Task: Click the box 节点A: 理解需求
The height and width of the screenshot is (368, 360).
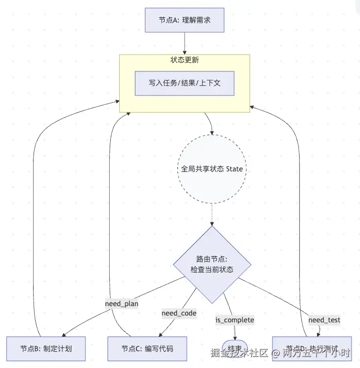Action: click(x=184, y=20)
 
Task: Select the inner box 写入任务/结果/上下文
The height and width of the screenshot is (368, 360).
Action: click(x=184, y=83)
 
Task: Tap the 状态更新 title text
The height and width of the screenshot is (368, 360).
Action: click(x=184, y=60)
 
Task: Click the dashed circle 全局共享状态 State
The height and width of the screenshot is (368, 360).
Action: click(x=212, y=169)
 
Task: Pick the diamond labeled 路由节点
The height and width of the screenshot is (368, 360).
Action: click(x=212, y=265)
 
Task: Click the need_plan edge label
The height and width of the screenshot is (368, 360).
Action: click(x=121, y=304)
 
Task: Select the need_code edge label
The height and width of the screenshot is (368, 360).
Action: click(x=179, y=313)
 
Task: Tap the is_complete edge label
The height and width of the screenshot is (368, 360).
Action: click(x=235, y=319)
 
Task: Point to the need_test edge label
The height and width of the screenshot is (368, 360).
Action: click(x=324, y=319)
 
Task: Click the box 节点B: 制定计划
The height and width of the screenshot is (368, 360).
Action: click(x=46, y=349)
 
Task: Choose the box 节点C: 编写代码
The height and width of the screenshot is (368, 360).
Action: click(x=147, y=349)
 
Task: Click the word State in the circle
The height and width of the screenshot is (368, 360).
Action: click(x=234, y=169)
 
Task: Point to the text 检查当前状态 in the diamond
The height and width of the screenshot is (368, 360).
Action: click(x=212, y=269)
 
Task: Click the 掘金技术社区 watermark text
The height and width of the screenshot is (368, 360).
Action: click(x=239, y=352)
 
